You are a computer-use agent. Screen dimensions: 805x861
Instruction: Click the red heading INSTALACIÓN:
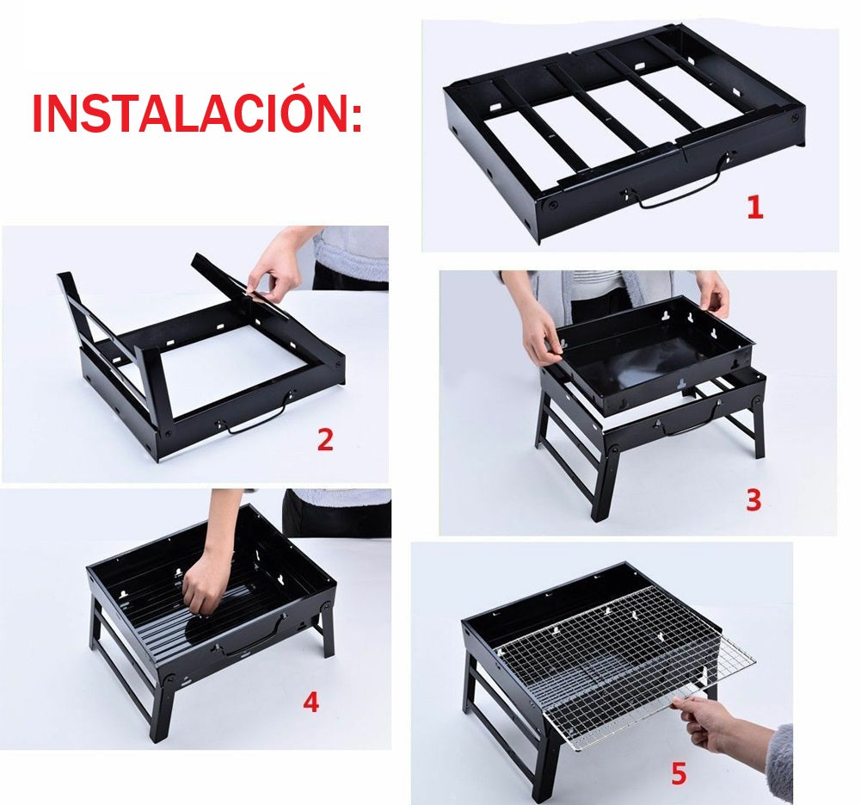pos(197,113)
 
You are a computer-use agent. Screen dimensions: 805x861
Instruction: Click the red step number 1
pos(754,207)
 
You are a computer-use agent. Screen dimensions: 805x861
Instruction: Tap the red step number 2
pos(324,440)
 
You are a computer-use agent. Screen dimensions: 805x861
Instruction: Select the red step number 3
pos(753,500)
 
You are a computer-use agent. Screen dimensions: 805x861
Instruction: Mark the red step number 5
pos(679,775)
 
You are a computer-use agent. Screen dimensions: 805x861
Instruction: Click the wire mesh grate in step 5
pos(619,667)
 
